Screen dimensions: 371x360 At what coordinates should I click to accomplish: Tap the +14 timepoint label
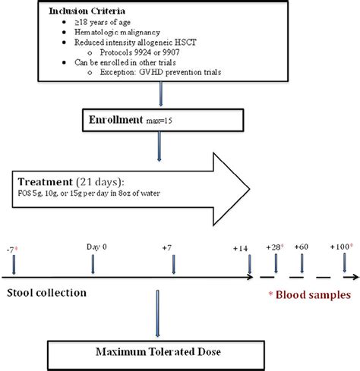pos(242,249)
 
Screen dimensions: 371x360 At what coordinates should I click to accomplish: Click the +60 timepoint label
pos(303,247)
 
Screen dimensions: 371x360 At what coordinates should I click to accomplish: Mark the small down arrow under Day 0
pos(93,266)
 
